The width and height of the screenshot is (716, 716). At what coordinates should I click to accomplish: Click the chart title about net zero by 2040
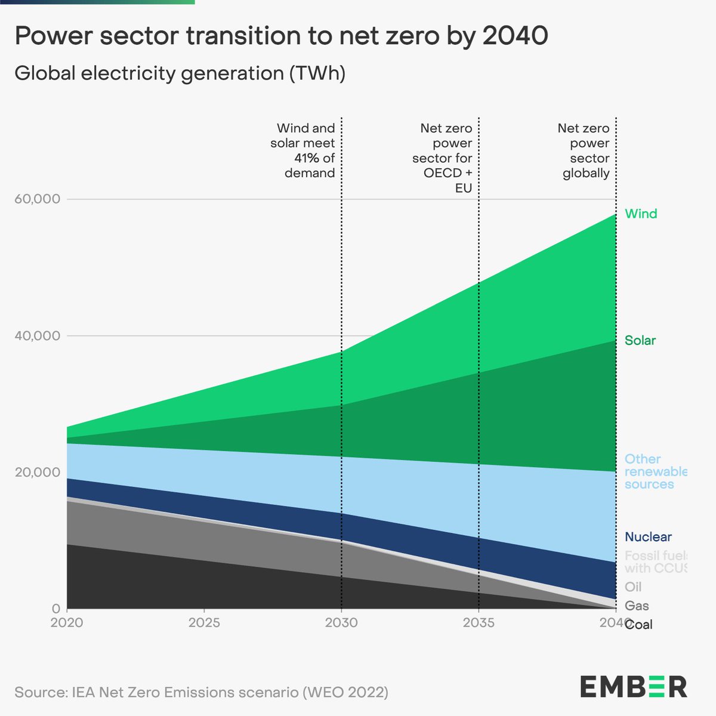(x=281, y=37)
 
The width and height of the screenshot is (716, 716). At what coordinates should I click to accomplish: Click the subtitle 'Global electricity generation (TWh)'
(x=180, y=73)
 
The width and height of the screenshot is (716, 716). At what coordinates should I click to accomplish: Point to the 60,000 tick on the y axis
(x=37, y=199)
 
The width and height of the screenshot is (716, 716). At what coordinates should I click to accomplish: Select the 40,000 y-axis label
(x=37, y=335)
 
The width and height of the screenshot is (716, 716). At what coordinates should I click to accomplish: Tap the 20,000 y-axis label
(x=37, y=472)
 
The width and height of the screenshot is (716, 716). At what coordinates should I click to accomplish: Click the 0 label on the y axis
(x=56, y=609)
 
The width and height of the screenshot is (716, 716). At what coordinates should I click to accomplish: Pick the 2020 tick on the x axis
(x=67, y=623)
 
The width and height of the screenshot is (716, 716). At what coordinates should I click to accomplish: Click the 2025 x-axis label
(x=204, y=623)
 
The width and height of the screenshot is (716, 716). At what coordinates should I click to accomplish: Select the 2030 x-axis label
(x=341, y=623)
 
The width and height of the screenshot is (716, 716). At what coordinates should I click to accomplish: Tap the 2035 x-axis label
(x=479, y=623)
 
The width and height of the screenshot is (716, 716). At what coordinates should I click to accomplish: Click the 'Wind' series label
(x=641, y=214)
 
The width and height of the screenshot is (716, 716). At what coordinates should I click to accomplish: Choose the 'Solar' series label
(x=640, y=341)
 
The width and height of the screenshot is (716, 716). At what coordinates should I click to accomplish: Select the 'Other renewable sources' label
(x=655, y=471)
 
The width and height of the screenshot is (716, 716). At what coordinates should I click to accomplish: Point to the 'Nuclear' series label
(x=648, y=537)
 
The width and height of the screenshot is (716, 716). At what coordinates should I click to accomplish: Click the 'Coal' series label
(x=639, y=625)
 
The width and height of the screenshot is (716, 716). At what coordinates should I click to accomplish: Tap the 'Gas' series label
(x=637, y=606)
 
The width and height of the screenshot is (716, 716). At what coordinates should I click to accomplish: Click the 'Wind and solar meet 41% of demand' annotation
(x=304, y=150)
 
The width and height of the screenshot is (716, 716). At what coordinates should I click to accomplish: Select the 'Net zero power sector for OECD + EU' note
(x=443, y=158)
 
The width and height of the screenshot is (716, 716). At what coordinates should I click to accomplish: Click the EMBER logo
(x=634, y=687)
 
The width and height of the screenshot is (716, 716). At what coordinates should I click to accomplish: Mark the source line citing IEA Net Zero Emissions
(x=202, y=692)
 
